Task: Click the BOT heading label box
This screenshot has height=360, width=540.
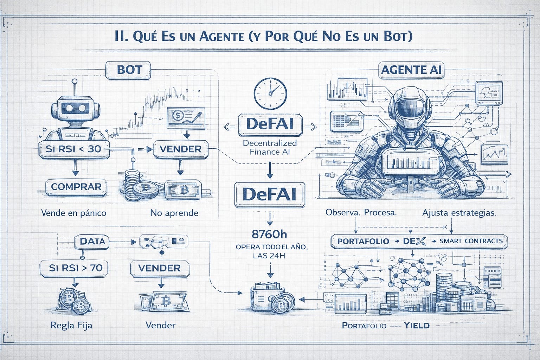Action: tap(129, 70)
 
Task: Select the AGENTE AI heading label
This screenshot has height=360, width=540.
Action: tap(411, 70)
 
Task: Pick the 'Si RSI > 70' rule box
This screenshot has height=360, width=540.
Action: tap(76, 268)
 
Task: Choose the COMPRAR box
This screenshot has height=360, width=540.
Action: tap(76, 187)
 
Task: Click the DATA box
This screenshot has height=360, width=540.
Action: tap(92, 241)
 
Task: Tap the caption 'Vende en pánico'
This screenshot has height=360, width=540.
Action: tap(73, 213)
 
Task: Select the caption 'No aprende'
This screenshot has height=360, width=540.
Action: tap(174, 213)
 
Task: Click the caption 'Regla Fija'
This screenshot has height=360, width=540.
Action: tap(71, 325)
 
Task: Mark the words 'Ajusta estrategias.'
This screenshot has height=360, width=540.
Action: tap(459, 213)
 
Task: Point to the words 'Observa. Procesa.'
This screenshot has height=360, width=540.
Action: tap(361, 213)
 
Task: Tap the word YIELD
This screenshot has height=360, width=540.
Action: tap(417, 325)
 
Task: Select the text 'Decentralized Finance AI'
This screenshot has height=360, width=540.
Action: tap(270, 147)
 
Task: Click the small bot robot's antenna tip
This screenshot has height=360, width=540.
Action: tap(74, 82)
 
